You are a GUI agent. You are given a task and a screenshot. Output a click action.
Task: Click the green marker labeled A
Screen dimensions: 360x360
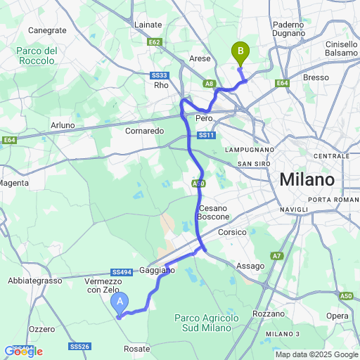(x=120, y=303)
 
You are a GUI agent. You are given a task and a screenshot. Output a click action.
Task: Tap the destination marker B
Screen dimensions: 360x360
(x=240, y=51)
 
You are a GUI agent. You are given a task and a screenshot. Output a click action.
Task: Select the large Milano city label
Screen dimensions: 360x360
(x=307, y=180)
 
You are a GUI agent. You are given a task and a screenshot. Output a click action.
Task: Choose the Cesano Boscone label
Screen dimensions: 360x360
(x=214, y=213)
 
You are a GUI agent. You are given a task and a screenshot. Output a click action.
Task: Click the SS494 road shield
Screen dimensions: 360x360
(x=122, y=273)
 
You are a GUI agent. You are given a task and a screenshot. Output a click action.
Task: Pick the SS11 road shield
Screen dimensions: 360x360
(x=206, y=135)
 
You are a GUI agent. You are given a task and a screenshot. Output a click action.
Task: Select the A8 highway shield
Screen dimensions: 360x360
(x=210, y=84)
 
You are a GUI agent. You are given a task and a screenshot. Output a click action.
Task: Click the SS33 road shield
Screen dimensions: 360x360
(x=160, y=75)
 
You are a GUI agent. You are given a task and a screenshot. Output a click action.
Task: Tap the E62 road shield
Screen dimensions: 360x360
(x=155, y=42)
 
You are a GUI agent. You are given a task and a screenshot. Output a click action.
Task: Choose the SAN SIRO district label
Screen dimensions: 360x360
(x=254, y=164)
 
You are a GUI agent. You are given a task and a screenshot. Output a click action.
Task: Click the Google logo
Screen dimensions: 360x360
(x=23, y=352)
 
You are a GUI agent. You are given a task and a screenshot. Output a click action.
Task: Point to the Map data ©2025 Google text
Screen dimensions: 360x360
(x=316, y=354)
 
